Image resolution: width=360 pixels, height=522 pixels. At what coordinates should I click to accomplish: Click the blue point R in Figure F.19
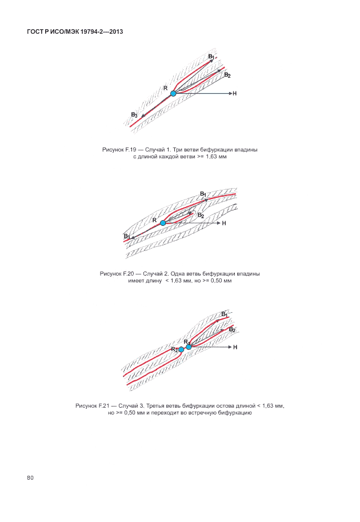click(x=173, y=93)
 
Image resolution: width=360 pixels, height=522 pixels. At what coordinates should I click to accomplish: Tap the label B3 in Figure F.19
click(x=134, y=115)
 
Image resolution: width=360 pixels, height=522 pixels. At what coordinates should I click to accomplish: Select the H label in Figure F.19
click(x=234, y=93)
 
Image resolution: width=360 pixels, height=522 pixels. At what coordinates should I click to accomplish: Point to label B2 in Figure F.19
click(x=227, y=75)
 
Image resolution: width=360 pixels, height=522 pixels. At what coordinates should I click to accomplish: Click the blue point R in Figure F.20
click(x=163, y=223)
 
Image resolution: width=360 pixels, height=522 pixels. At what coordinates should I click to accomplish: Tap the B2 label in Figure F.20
click(x=201, y=216)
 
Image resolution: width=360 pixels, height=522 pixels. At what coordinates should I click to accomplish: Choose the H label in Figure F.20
click(x=224, y=223)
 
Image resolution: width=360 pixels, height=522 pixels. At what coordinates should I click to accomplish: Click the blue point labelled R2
click(x=181, y=349)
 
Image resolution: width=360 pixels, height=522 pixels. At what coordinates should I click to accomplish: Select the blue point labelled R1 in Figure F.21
click(x=189, y=347)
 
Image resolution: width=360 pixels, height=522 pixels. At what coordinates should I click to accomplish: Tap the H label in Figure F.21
click(x=235, y=347)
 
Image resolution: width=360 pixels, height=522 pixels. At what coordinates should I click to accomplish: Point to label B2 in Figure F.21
click(x=231, y=330)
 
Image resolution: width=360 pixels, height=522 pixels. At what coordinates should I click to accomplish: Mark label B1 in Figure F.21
click(x=225, y=314)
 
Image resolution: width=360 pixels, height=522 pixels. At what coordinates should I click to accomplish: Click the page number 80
click(x=30, y=477)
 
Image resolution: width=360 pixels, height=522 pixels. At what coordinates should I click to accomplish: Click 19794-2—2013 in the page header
click(x=99, y=32)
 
